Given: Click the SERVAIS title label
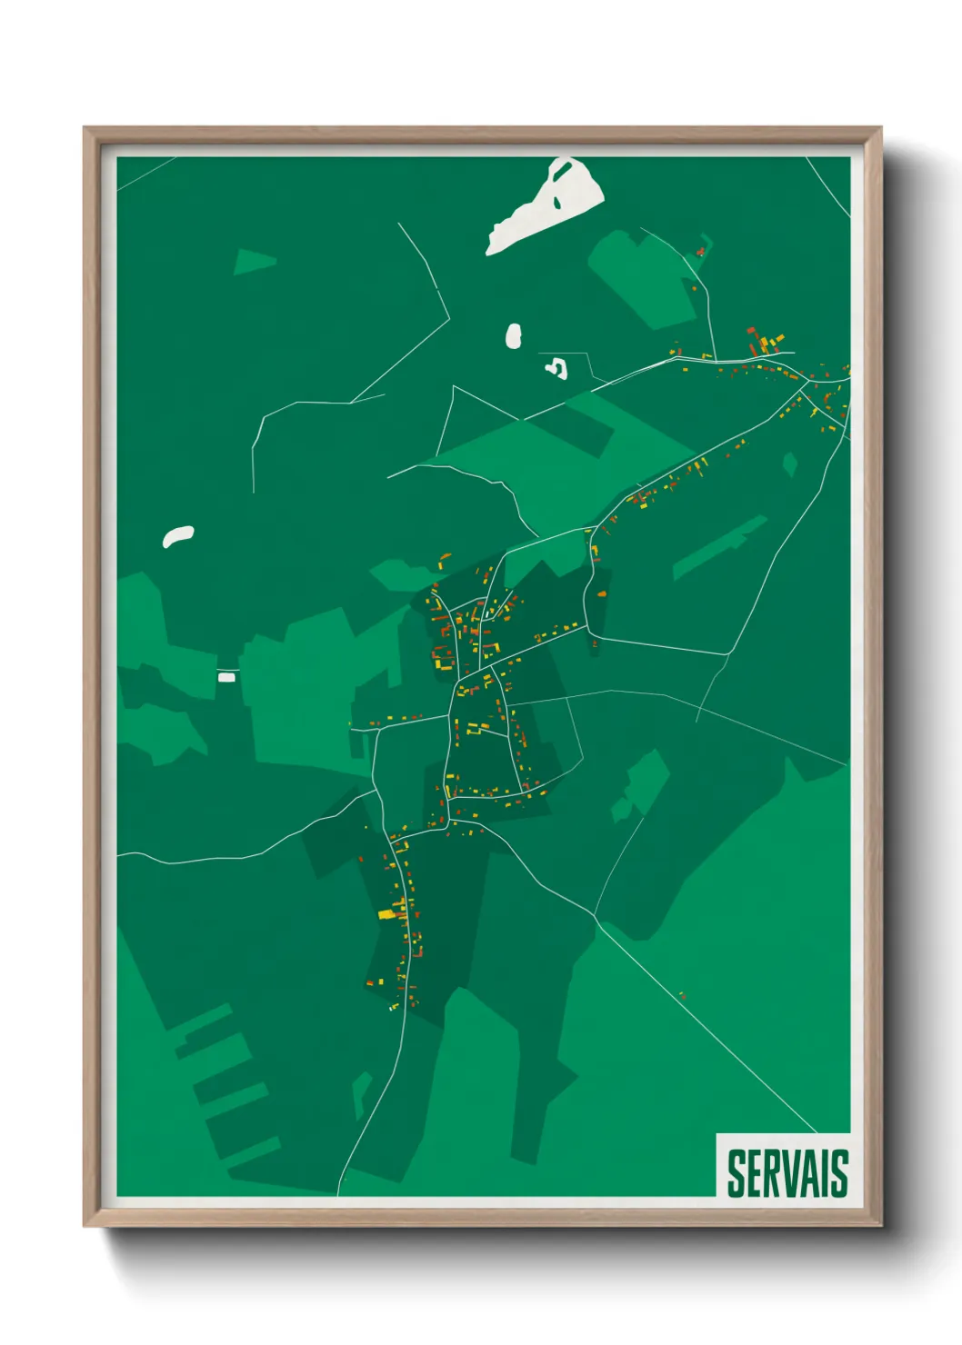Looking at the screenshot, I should [787, 1173].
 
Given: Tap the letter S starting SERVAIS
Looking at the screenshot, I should [736, 1173].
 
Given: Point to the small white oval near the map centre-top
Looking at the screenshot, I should [514, 336].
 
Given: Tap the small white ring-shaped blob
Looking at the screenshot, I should [556, 368].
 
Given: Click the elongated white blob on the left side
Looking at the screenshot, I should [178, 536].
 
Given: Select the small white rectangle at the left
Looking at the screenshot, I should [226, 677].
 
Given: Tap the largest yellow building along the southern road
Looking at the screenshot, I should [386, 913].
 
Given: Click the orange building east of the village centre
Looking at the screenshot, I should [601, 593].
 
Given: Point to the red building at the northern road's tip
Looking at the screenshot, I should [700, 251].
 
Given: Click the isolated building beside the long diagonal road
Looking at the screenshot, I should [682, 996].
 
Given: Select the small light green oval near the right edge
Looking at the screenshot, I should [789, 465].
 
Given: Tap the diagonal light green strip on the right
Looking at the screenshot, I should [718, 547].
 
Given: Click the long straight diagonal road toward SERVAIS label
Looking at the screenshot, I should [709, 1027].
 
